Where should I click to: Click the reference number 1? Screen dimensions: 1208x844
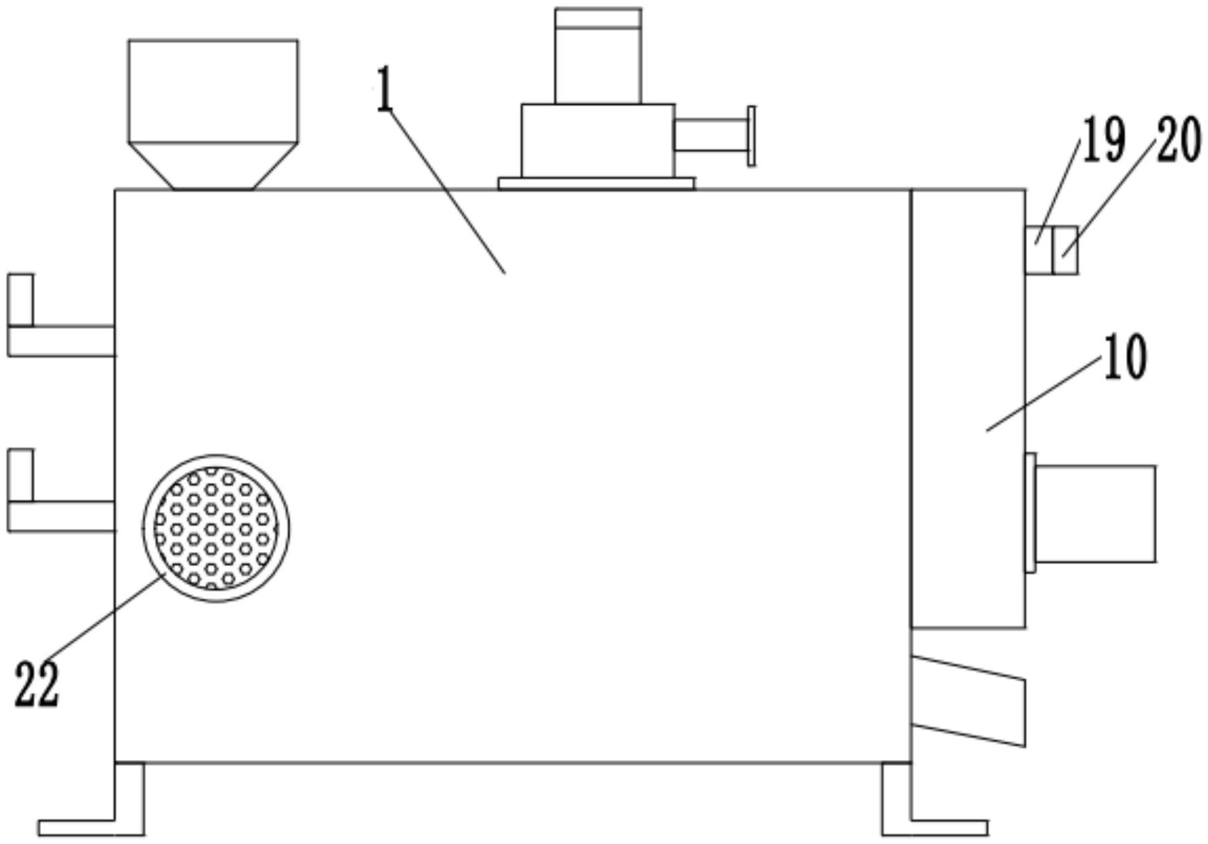coord(385,90)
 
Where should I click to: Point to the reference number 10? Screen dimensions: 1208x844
coord(1125,357)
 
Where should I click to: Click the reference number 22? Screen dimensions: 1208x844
coord(37,684)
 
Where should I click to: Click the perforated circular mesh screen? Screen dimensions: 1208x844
coord(215,528)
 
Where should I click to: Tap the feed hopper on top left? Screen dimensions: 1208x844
coord(213,91)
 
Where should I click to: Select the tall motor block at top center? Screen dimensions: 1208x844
coord(598,56)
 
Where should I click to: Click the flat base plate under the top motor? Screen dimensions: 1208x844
coord(596,183)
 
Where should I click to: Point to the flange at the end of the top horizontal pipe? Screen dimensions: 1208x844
coord(752,136)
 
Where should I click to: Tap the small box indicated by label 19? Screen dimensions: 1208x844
coord(1038,250)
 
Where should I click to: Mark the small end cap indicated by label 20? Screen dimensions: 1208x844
coord(1065,250)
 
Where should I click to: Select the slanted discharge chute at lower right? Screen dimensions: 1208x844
coord(968,701)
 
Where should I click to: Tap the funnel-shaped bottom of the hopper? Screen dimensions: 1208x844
coord(213,166)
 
